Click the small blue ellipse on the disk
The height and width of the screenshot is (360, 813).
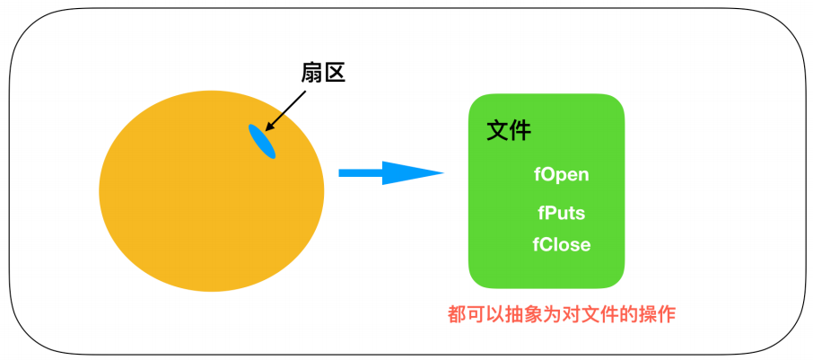[262, 142]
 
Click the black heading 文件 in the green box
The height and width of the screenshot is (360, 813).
[509, 131]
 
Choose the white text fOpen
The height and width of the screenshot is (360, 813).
[562, 174]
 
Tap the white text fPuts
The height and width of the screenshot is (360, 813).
[562, 214]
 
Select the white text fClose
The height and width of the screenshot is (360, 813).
[562, 244]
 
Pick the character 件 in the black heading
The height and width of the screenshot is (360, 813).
[520, 131]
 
